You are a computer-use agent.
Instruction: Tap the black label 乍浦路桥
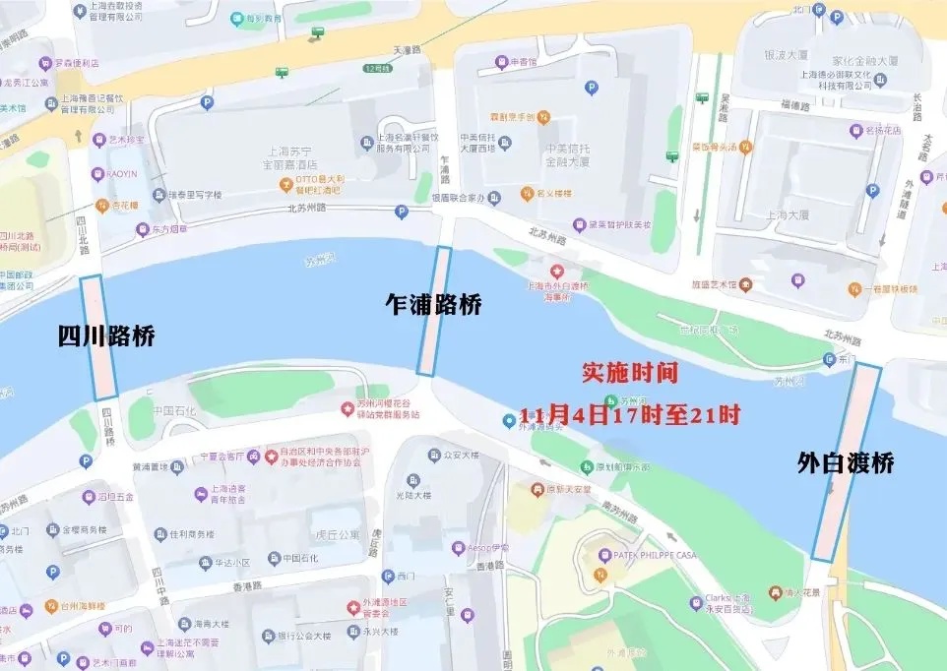[x=433, y=305]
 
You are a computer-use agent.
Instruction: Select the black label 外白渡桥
[x=846, y=462]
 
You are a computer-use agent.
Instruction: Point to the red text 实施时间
[x=630, y=372]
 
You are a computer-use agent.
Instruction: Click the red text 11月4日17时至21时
[x=630, y=415]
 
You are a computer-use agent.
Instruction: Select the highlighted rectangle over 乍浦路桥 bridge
[x=434, y=311]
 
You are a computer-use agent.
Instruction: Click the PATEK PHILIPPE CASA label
[x=654, y=556]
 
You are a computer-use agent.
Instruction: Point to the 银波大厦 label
[x=786, y=55]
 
